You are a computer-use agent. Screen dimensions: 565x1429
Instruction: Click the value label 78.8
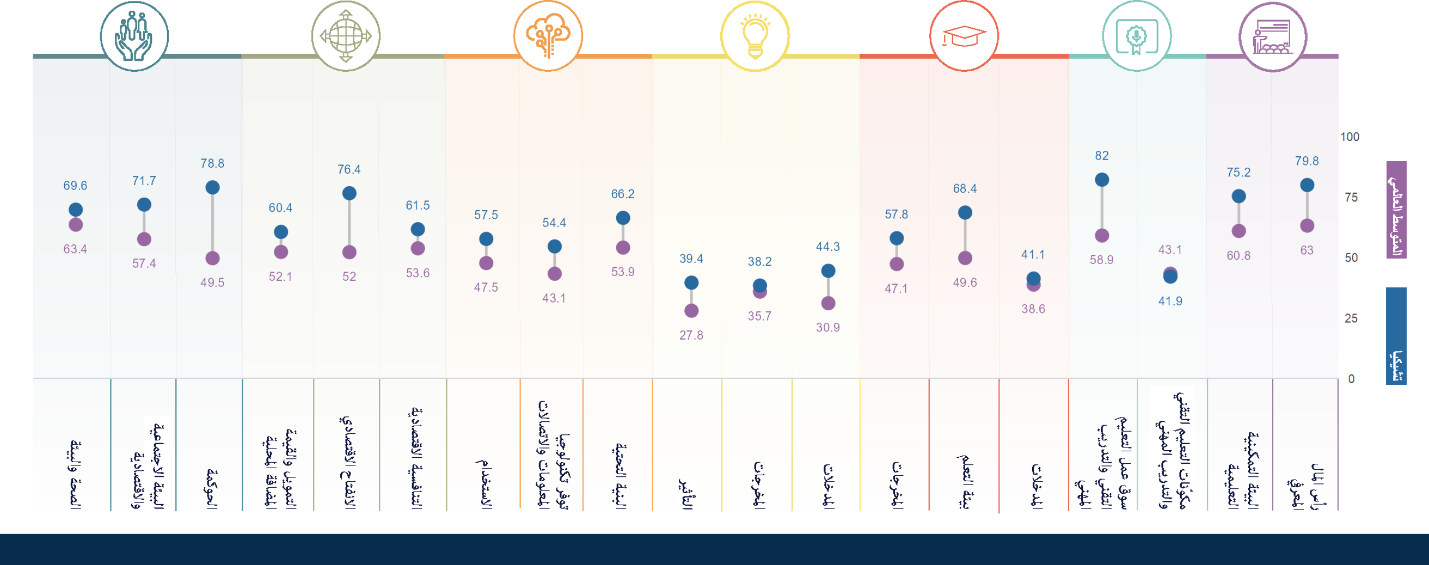212,164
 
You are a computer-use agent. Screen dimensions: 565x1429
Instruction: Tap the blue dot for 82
1102,180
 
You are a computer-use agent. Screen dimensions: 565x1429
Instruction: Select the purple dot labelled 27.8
691,311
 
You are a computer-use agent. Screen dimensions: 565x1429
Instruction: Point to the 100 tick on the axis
1350,137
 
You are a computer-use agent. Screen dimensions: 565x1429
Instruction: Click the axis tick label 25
1351,318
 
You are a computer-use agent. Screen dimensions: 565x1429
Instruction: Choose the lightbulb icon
755,36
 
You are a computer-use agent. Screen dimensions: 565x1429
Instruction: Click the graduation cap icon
964,36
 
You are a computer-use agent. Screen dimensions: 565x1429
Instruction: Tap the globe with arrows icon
346,36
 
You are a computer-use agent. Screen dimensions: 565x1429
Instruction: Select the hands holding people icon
134,36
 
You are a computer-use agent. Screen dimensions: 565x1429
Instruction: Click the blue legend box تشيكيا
1396,335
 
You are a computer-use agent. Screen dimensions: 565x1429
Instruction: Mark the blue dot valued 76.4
349,193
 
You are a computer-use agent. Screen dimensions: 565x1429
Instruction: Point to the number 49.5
212,283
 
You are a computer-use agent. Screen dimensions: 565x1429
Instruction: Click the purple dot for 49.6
965,259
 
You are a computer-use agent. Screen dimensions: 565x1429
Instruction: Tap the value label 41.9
1170,302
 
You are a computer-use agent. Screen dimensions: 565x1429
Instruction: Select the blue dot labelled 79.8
1307,185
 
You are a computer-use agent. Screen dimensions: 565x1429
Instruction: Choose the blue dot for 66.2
623,218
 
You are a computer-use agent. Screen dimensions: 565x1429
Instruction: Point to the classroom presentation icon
1273,36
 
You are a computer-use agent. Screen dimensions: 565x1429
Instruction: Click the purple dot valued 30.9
828,303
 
